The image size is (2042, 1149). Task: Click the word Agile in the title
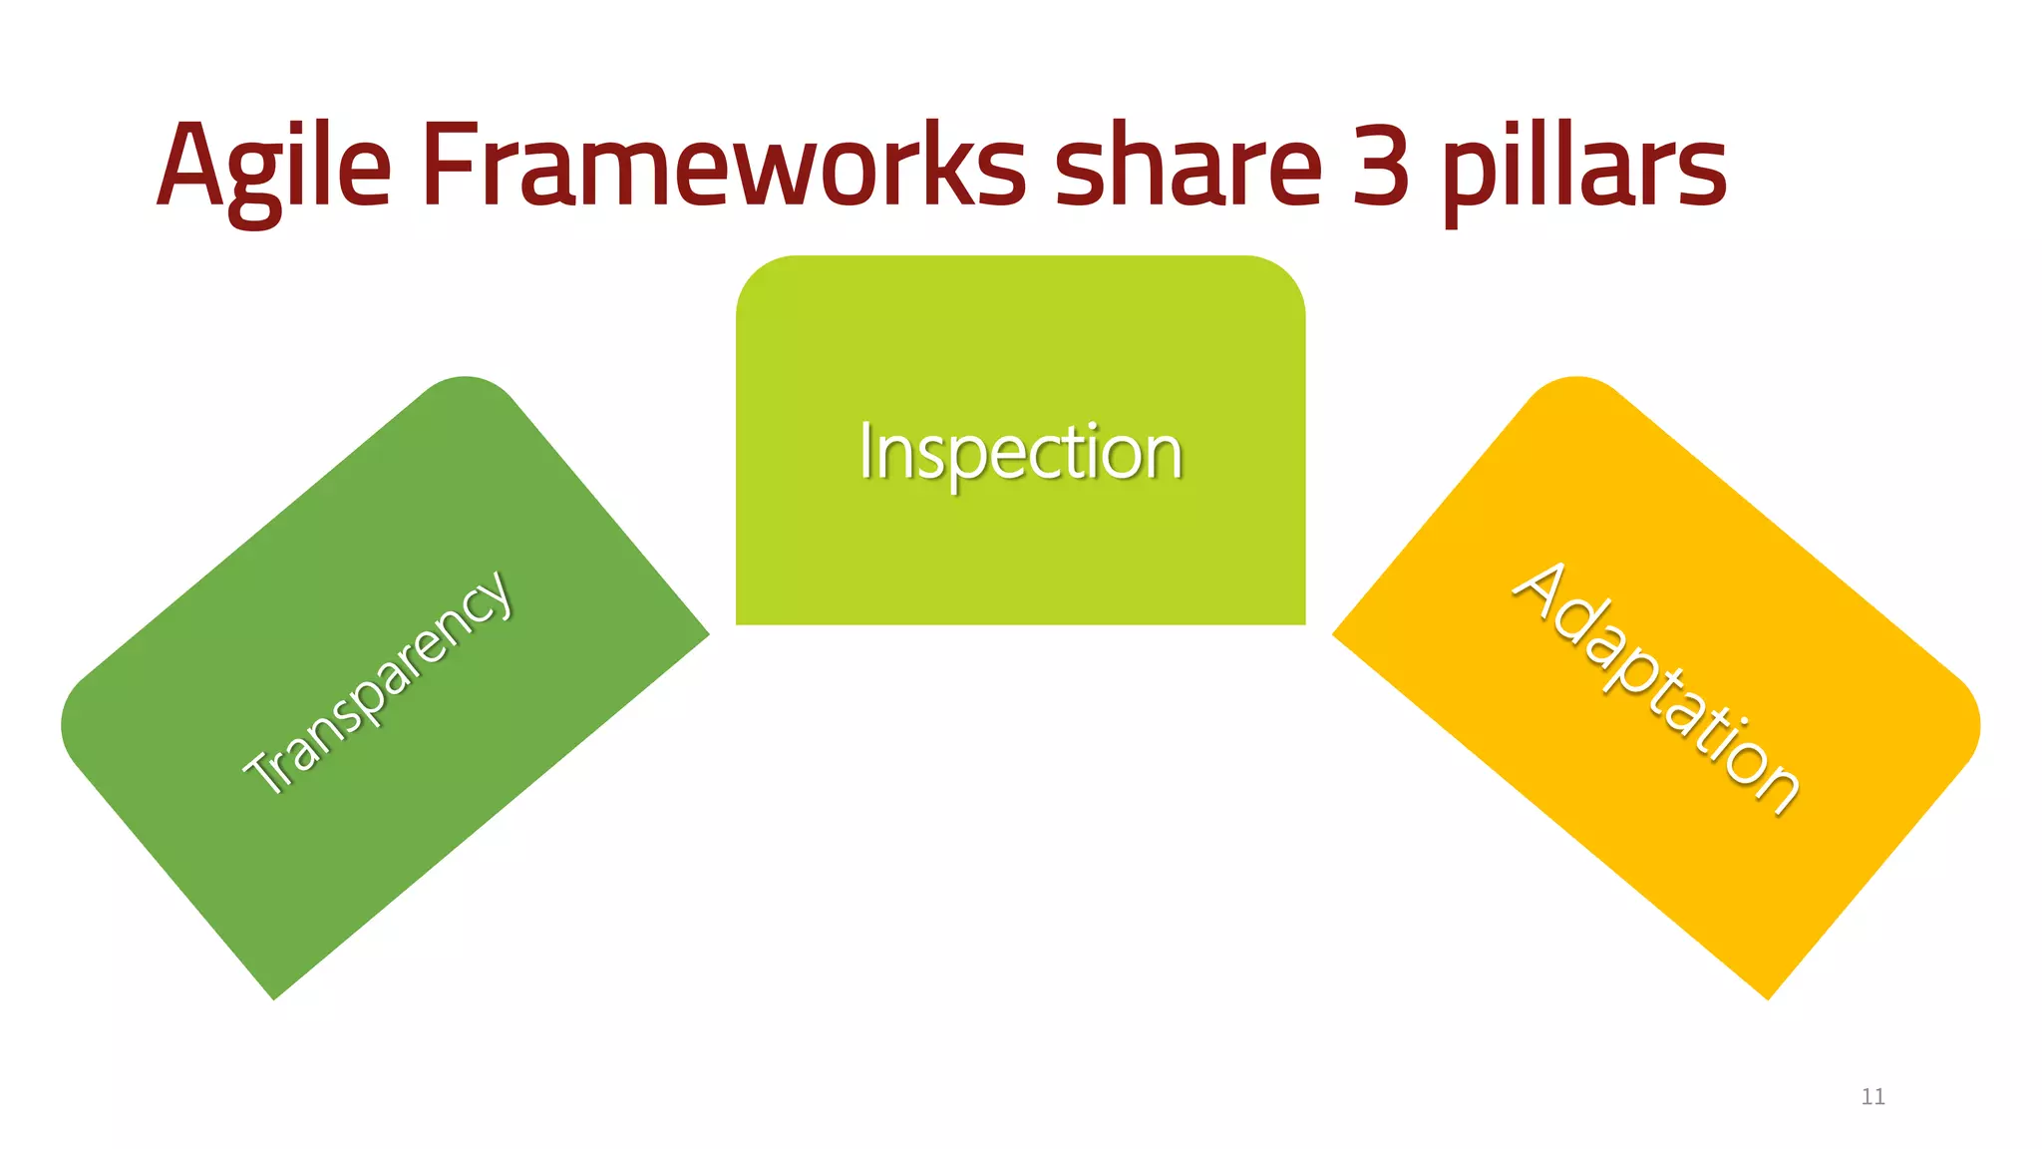click(273, 165)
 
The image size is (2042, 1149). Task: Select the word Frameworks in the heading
click(723, 165)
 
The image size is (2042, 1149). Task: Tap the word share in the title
click(1188, 165)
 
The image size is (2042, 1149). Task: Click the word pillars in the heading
click(1585, 165)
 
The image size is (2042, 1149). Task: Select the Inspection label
click(1021, 453)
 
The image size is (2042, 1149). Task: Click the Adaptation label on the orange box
click(1656, 687)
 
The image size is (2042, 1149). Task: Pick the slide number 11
click(1872, 1097)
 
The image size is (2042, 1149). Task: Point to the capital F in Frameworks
click(445, 165)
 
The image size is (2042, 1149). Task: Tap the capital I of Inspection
click(866, 452)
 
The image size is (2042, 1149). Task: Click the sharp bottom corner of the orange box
click(1768, 998)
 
